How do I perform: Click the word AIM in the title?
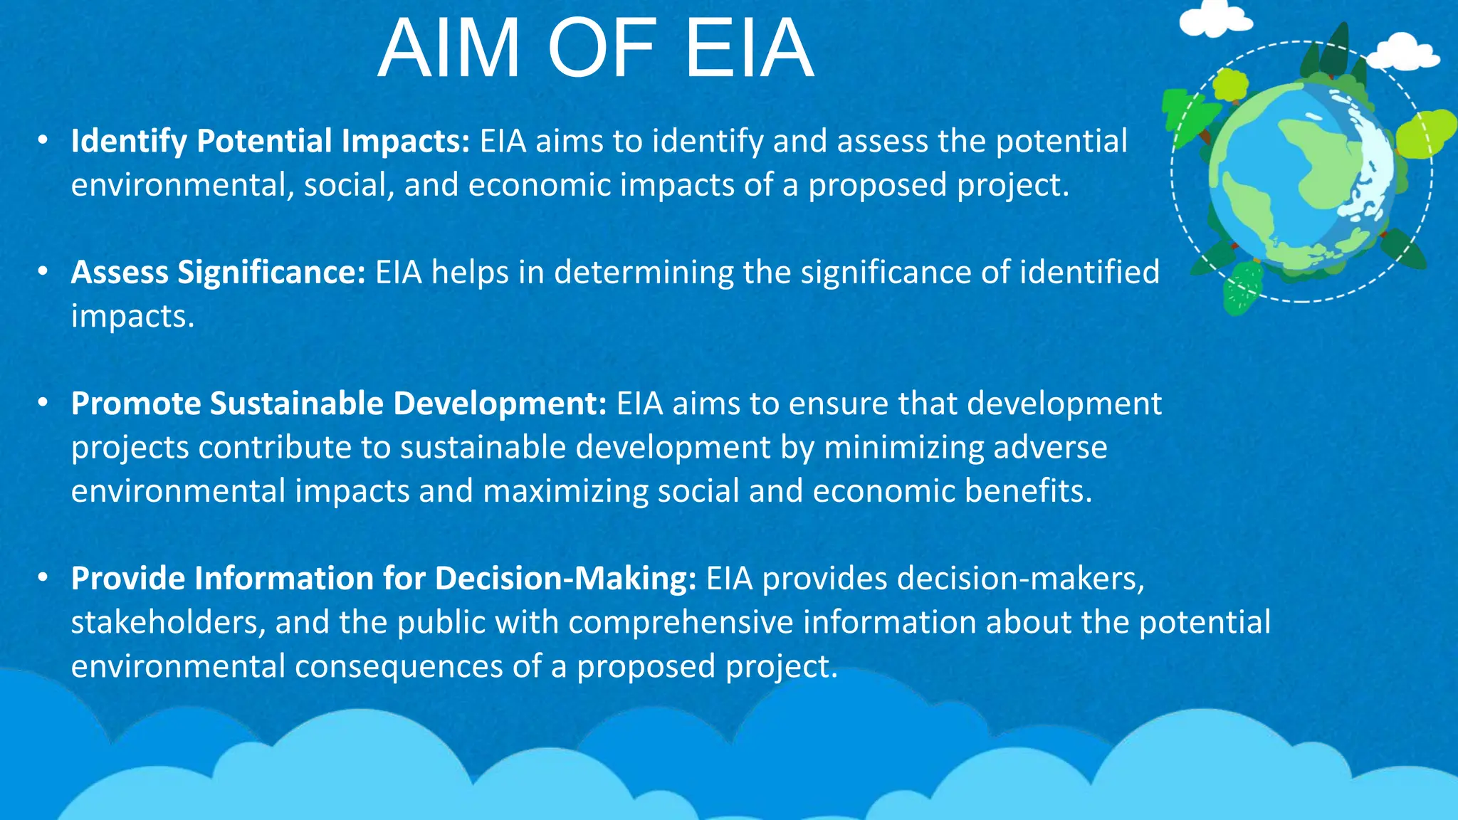click(x=449, y=49)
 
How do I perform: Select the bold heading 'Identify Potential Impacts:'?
click(x=271, y=141)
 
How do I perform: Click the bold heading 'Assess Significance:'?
click(x=219, y=273)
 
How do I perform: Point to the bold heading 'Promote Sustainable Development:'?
click(x=339, y=404)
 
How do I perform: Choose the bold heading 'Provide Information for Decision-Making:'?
click(x=384, y=579)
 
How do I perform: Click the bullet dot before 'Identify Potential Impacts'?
click(x=43, y=140)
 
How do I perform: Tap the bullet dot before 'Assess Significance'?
click(x=43, y=271)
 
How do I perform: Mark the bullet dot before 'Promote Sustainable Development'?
click(x=43, y=403)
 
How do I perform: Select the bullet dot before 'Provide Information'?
click(x=43, y=577)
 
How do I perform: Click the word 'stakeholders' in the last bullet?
click(x=168, y=622)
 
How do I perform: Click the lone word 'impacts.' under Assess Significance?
click(x=132, y=317)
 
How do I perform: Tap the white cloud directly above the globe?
click(x=1214, y=19)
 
